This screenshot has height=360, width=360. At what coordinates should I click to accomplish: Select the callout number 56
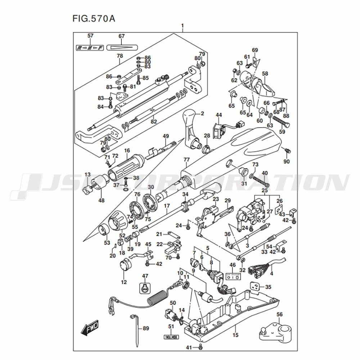279,314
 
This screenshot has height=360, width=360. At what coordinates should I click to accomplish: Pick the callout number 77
186,159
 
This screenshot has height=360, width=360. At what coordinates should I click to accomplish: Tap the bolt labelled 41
201,347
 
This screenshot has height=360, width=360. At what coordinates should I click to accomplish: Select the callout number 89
145,328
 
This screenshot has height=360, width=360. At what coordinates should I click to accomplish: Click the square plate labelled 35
256,287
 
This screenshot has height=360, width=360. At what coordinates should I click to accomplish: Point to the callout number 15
235,335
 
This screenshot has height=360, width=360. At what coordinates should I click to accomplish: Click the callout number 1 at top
183,26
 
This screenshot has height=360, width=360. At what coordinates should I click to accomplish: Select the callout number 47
145,276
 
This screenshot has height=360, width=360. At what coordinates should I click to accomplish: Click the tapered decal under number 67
123,47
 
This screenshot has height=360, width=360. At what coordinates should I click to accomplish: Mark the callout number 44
219,115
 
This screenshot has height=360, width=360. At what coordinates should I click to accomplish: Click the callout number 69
255,50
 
